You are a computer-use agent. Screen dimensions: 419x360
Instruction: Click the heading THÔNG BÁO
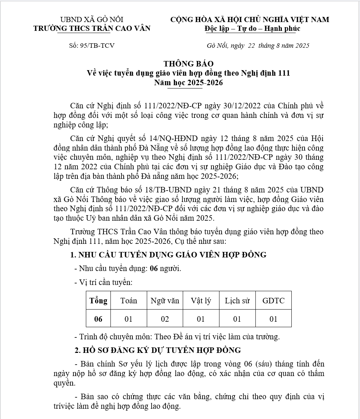pyautogui.click(x=188, y=64)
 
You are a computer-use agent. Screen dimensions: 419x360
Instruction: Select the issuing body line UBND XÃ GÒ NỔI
pyautogui.click(x=92, y=19)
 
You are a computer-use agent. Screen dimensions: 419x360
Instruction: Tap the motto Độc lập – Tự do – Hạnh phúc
pyautogui.click(x=252, y=28)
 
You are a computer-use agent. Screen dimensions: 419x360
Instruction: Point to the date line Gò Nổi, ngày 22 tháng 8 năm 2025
pyautogui.click(x=258, y=46)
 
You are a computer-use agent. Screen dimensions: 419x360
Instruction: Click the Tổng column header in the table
pyautogui.click(x=98, y=300)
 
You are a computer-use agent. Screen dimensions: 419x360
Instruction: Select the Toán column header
pyautogui.click(x=128, y=300)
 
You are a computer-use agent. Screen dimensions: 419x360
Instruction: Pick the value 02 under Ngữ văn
pyautogui.click(x=165, y=319)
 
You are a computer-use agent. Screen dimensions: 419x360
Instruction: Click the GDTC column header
pyautogui.click(x=273, y=300)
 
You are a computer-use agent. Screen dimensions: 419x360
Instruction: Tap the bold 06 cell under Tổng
pyautogui.click(x=98, y=319)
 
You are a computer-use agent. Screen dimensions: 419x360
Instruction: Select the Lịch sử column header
pyautogui.click(x=237, y=300)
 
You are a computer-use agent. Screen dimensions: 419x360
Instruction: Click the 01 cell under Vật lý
pyautogui.click(x=201, y=319)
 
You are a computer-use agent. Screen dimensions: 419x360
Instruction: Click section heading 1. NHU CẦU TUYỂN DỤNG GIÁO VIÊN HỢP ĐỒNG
pyautogui.click(x=168, y=255)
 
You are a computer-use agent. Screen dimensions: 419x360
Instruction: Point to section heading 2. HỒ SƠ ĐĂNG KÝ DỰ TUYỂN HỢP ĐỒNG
pyautogui.click(x=158, y=350)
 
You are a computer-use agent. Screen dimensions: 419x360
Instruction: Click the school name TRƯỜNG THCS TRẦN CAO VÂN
pyautogui.click(x=92, y=28)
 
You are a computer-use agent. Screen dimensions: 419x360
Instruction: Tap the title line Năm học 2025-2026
pyautogui.click(x=188, y=83)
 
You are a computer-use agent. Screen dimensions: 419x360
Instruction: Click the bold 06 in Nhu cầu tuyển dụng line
pyautogui.click(x=154, y=268)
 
